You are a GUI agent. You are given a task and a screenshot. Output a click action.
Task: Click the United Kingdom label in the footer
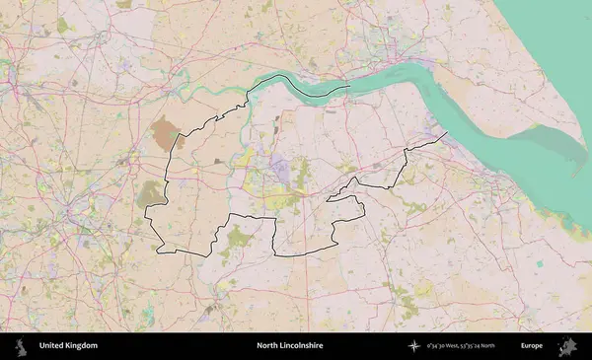(x=68, y=346)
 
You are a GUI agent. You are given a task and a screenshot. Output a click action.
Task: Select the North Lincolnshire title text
(x=290, y=346)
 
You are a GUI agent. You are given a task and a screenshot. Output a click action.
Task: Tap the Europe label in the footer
(x=532, y=346)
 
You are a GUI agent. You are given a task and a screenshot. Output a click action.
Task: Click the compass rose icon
(x=415, y=346)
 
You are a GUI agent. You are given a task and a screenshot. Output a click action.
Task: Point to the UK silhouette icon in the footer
(x=21, y=346)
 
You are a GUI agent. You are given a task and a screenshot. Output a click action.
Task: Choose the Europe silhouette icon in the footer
(x=567, y=346)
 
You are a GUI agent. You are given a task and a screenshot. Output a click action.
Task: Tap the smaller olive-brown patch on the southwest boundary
(x=150, y=192)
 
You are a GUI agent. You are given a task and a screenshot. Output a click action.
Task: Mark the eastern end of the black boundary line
(x=447, y=132)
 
